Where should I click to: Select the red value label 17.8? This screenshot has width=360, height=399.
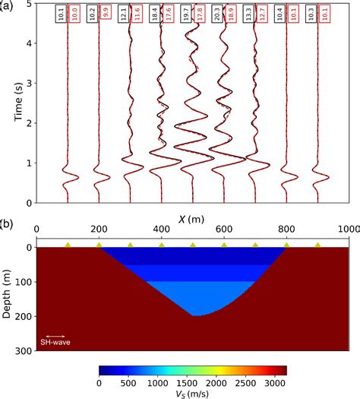click(199, 15)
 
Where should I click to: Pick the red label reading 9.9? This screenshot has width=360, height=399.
click(105, 15)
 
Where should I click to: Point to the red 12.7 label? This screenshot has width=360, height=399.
click(262, 15)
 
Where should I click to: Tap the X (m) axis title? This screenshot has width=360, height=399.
click(192, 218)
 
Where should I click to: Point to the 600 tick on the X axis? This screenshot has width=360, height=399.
click(223, 229)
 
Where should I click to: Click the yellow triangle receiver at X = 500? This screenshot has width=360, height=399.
click(192, 245)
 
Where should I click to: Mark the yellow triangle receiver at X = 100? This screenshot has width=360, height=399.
click(68, 245)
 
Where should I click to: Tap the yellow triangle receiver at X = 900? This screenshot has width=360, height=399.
click(317, 245)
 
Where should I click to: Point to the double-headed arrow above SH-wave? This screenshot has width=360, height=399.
click(55, 335)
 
